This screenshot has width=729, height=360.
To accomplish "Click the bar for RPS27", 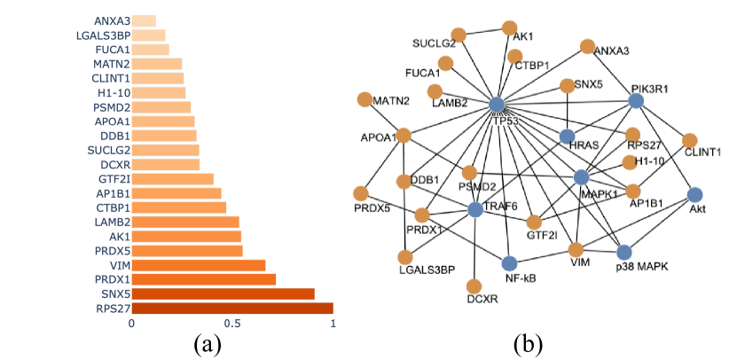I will [232, 308].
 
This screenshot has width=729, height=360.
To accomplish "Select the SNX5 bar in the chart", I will [223, 293].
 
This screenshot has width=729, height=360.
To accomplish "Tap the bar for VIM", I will [199, 265].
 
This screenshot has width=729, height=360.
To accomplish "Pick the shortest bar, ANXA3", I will [144, 20].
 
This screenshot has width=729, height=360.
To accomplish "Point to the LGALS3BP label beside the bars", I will [103, 35].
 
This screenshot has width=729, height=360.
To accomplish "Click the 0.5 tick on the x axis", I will [232, 324].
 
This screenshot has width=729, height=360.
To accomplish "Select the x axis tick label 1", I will [333, 324].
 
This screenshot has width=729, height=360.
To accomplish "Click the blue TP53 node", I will [497, 105].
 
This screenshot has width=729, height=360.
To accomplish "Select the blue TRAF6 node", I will [474, 209].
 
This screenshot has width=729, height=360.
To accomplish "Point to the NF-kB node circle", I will [509, 262].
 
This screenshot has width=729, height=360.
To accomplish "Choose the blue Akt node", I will [695, 195].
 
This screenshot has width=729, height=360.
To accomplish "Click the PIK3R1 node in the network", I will [635, 101].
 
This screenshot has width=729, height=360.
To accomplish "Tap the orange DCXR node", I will [474, 286].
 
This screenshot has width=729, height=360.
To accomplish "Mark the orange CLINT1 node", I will [690, 140].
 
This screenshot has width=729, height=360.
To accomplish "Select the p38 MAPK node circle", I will [623, 253].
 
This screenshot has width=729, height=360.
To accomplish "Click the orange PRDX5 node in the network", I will [361, 193].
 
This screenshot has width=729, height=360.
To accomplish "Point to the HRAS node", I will [568, 137].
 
